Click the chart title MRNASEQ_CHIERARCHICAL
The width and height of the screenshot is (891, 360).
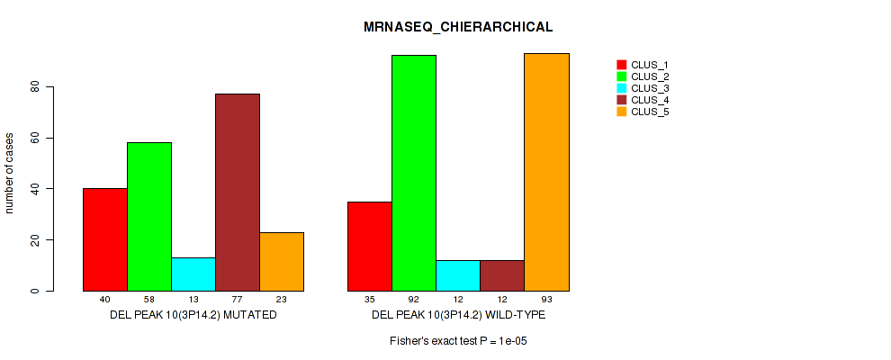[x=445, y=28]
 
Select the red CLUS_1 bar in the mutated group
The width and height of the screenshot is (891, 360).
[x=104, y=239]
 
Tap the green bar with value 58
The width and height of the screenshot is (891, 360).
[x=148, y=216]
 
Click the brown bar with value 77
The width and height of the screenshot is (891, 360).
[x=237, y=192]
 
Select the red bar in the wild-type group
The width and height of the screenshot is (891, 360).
[x=370, y=246]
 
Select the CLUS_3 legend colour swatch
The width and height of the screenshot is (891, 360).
[x=621, y=88]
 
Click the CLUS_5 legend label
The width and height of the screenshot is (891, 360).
[x=650, y=112]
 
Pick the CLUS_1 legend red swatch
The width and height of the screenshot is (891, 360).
[x=621, y=65]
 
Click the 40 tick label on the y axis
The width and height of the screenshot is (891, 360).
[x=35, y=189]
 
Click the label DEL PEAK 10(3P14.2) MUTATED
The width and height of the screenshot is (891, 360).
[x=193, y=316]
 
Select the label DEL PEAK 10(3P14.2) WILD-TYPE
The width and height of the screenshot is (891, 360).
[x=458, y=316]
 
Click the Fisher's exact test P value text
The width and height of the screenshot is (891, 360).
[x=458, y=341]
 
